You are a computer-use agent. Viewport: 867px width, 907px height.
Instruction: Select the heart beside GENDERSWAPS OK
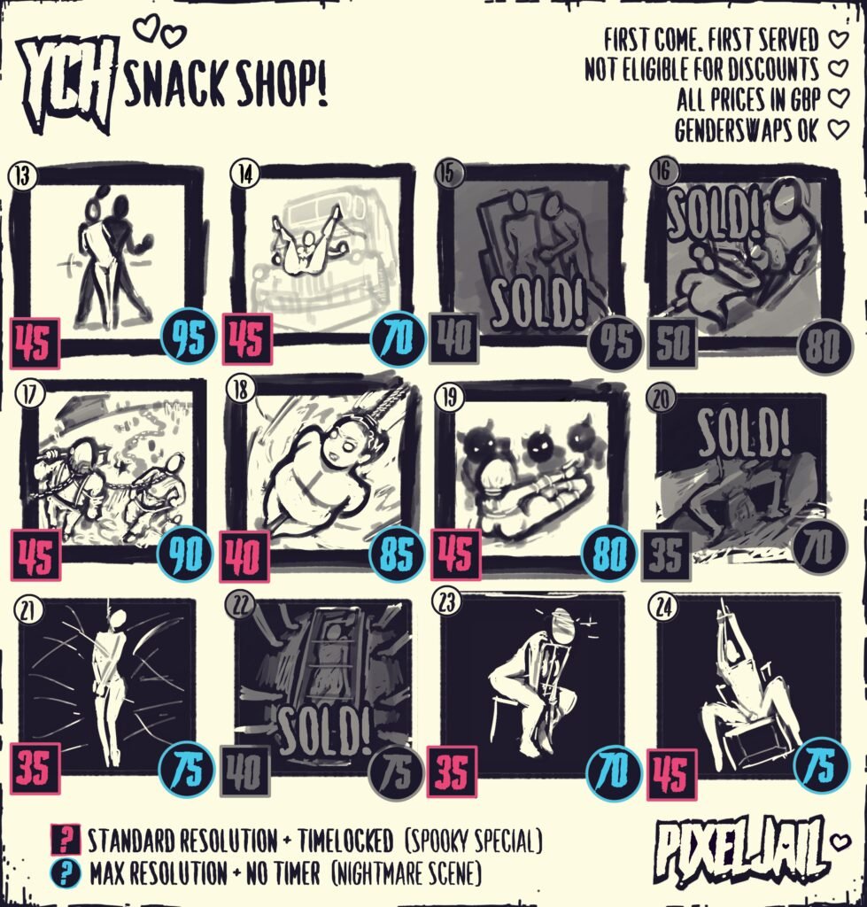(838, 129)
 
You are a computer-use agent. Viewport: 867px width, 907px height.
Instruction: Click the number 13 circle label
(22, 175)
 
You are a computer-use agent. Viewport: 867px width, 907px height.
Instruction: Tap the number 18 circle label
(239, 389)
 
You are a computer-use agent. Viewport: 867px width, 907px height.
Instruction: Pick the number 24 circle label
(663, 608)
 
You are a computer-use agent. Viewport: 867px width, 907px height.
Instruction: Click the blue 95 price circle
(189, 337)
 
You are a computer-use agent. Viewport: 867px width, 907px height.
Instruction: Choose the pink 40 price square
(244, 556)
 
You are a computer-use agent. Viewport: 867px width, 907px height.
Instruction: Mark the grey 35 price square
(666, 555)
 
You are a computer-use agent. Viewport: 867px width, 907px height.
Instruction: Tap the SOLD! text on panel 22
(324, 731)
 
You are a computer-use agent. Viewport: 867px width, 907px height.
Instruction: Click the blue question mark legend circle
(66, 872)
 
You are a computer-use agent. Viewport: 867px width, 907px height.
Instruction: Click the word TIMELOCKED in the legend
(345, 841)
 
